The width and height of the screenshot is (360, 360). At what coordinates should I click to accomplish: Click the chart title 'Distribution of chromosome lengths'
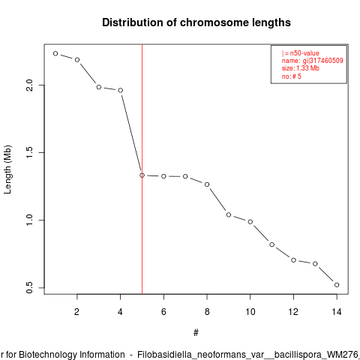(x=196, y=22)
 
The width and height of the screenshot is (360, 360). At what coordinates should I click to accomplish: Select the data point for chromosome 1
(x=55, y=53)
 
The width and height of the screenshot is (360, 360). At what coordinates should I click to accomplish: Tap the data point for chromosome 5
(x=142, y=175)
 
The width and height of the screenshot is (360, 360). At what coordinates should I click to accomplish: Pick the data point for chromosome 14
(x=337, y=285)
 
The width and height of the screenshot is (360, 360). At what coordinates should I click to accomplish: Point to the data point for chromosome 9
(x=229, y=214)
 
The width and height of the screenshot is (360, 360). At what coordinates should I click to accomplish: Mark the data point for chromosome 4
(x=121, y=90)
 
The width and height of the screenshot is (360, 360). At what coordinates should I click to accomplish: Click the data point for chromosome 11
(x=272, y=244)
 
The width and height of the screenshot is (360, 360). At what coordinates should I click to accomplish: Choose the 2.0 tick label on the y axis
(x=29, y=85)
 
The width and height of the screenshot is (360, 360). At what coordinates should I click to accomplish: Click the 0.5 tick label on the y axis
(x=29, y=288)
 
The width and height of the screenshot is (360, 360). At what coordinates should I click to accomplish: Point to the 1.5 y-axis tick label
(x=29, y=152)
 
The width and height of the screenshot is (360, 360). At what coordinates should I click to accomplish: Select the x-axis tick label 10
(x=250, y=312)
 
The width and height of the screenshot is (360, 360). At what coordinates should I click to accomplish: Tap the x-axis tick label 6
(x=163, y=312)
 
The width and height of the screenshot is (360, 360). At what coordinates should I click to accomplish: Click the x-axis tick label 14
(x=337, y=312)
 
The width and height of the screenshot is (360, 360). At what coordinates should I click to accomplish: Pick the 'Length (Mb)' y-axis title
(x=7, y=169)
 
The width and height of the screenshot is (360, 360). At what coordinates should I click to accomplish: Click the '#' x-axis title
(x=196, y=333)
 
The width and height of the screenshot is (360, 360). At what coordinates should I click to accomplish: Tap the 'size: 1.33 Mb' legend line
(x=301, y=68)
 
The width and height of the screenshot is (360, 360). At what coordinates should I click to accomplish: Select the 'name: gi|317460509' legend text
(x=313, y=61)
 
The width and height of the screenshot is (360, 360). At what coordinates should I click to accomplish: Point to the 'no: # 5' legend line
(x=292, y=76)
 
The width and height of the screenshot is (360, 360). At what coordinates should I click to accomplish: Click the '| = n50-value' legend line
(x=301, y=53)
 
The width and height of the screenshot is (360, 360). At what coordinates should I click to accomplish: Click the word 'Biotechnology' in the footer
(x=71, y=355)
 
